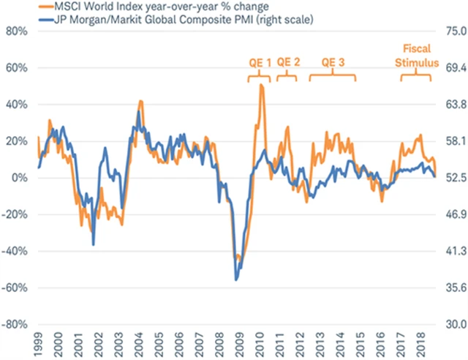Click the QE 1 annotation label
point(260,62)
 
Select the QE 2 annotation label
point(287,62)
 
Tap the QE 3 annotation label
point(333,62)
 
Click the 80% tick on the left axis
point(16,31)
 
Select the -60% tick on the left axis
point(15,288)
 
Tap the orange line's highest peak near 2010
point(262,86)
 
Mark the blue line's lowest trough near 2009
point(235,280)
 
